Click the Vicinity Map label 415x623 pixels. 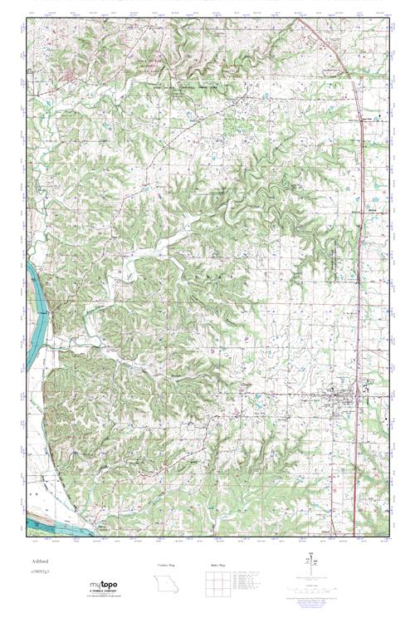pyautogui.click(x=167, y=565)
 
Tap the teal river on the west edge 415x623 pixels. pyautogui.click(x=34, y=291)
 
